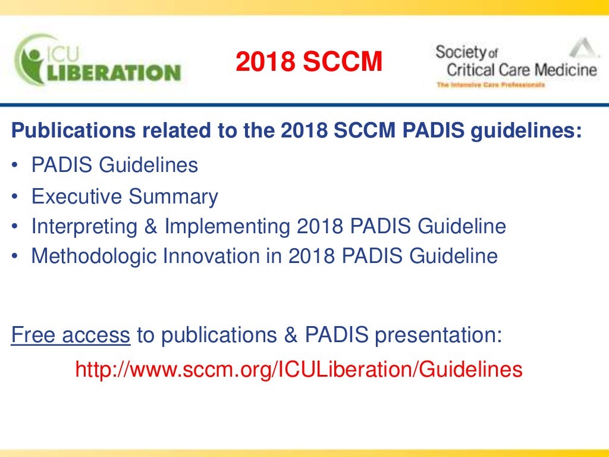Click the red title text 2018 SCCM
click(308, 62)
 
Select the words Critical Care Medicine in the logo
click(521, 70)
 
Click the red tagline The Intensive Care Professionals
click(490, 86)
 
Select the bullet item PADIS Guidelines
click(115, 165)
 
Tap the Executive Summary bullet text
click(125, 196)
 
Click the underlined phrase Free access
click(71, 335)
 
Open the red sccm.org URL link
click(299, 370)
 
